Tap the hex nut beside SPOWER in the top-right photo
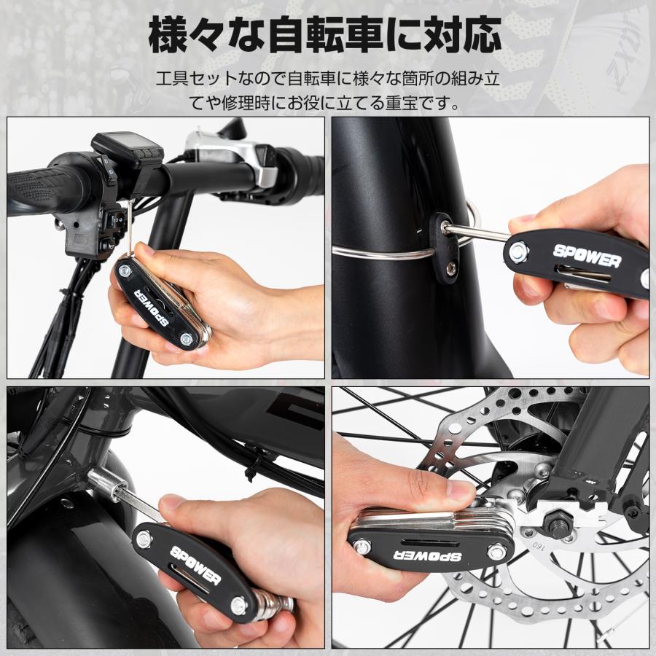pyautogui.click(x=520, y=252)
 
